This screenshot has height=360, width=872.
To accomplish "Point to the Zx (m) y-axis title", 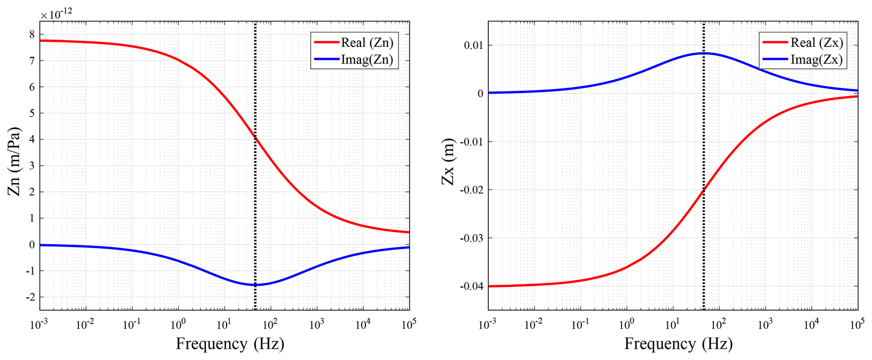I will pos(448,162).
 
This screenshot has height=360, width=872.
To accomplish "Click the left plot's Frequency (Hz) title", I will pos(230,344).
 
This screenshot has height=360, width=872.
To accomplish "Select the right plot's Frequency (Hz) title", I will pos(678,344).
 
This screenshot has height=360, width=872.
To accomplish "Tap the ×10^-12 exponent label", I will pos(56,14).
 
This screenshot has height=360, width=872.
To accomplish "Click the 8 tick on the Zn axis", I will pos(32,35).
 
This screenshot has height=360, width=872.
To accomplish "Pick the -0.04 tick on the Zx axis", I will pos(471,287).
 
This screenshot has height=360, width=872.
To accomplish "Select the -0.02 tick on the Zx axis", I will pos(471,190).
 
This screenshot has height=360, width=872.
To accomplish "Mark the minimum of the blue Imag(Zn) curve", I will pos(255,285).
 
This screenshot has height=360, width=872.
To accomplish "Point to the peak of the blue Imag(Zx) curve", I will pos(704,53).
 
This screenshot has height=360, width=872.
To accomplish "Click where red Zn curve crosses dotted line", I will pos(255,138).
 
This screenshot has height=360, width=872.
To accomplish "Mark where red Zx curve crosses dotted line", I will pos(704,190).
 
